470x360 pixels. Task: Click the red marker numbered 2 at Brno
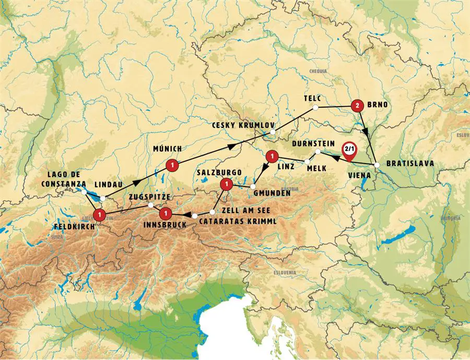point(357,106)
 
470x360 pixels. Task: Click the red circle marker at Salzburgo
point(226,184)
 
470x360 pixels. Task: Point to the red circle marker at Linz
point(272,156)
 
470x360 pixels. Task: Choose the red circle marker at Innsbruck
point(165,213)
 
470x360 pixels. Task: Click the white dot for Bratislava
point(377,166)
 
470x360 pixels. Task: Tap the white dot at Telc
point(315,108)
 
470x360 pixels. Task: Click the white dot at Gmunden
point(253,186)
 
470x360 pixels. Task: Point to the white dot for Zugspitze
point(151,205)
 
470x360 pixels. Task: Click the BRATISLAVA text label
point(410,164)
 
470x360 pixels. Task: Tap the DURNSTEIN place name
point(314,142)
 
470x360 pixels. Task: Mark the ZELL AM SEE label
point(245,210)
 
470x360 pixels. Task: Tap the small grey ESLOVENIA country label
point(285,273)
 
